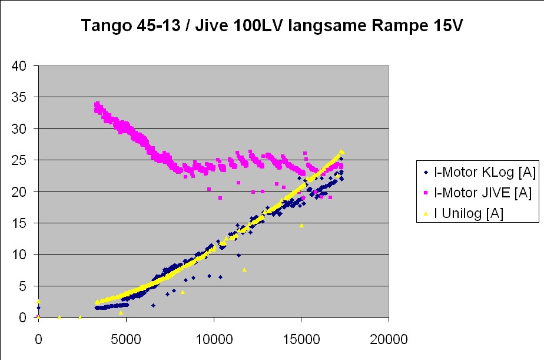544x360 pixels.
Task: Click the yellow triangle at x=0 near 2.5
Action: click(38, 301)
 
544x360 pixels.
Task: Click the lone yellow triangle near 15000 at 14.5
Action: click(301, 225)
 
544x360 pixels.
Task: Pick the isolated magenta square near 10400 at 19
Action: click(220, 197)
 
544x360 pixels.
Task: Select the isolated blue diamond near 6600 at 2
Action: click(153, 305)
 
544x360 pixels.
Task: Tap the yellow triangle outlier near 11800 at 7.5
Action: click(244, 269)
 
